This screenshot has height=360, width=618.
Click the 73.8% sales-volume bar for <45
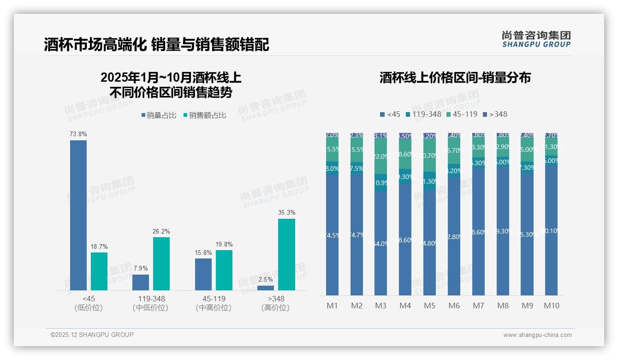click(x=78, y=215)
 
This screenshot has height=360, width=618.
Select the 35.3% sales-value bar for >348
click(x=286, y=254)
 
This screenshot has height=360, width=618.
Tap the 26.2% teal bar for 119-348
click(x=161, y=264)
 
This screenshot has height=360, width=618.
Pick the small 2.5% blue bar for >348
click(x=266, y=288)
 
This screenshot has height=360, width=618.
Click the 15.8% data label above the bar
click(x=203, y=253)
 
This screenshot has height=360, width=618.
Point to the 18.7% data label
click(x=99, y=247)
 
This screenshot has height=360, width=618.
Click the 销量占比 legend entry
click(x=159, y=115)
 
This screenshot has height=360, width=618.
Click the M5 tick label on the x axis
click(x=429, y=306)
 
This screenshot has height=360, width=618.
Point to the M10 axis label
click(x=551, y=306)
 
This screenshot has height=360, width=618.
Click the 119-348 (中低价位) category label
click(x=150, y=303)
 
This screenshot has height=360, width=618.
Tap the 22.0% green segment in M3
click(x=381, y=156)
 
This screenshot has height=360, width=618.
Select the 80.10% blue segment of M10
click(x=551, y=231)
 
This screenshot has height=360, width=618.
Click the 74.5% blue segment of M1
click(x=332, y=235)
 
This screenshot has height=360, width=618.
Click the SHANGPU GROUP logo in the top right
click(x=536, y=39)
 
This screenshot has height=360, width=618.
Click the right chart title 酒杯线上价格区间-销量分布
click(x=455, y=78)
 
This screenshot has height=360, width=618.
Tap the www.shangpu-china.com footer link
click(x=537, y=335)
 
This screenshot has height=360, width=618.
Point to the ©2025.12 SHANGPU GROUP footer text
click(x=92, y=335)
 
